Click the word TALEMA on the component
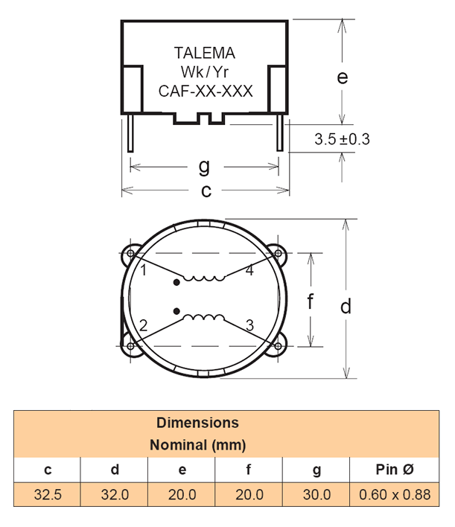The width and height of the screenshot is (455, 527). point(204,54)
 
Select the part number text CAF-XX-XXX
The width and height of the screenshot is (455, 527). point(206,92)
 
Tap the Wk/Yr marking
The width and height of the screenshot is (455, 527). point(204,72)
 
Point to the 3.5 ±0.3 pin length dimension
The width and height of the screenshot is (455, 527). point(343,139)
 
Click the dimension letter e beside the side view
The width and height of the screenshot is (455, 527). point(343,77)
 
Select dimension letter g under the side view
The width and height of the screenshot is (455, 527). point(204,165)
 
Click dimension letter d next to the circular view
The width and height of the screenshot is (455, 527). point(346,306)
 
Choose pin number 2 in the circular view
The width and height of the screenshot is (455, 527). point(144,325)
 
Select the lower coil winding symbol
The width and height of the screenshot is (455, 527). point(205,319)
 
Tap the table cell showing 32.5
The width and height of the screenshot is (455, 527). point(48,494)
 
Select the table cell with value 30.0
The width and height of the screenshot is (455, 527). point(316,494)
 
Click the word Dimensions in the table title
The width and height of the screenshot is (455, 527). point(197,423)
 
